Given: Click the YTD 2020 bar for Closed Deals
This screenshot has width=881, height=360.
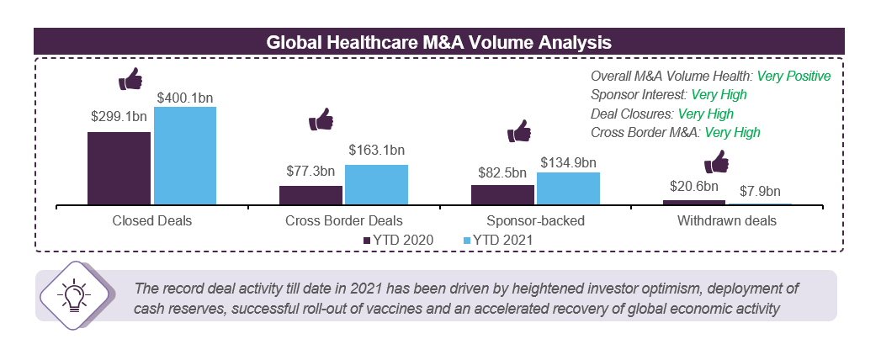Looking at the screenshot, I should coord(119,167).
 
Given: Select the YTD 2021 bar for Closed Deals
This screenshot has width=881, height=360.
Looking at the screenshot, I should coord(184,155).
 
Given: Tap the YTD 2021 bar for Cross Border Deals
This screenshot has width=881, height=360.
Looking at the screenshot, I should coord(376,184).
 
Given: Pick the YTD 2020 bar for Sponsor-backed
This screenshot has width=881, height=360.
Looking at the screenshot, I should coord(502,194).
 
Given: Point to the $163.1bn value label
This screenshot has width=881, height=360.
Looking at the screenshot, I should coord(376,151).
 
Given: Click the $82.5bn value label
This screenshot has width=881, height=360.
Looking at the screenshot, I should coord(502,172).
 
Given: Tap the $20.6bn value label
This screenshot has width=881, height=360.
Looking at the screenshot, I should coord(694,186).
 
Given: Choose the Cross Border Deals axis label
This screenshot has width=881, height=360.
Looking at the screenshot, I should coord(343,222).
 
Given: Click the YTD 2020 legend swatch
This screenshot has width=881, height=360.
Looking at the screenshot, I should coord(367,241).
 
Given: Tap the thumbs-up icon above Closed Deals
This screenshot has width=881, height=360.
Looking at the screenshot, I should coord(130,80).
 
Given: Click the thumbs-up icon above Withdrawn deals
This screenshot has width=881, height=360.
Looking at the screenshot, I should coord(716,161).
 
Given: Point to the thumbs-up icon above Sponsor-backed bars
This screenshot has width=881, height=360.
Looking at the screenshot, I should coord(519,131).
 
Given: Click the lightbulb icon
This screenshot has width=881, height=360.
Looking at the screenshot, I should coord(72,295).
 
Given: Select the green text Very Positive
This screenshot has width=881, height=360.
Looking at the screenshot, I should coord(793,76).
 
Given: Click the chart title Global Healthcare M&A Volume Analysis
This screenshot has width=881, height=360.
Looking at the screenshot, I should coord(438,40).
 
